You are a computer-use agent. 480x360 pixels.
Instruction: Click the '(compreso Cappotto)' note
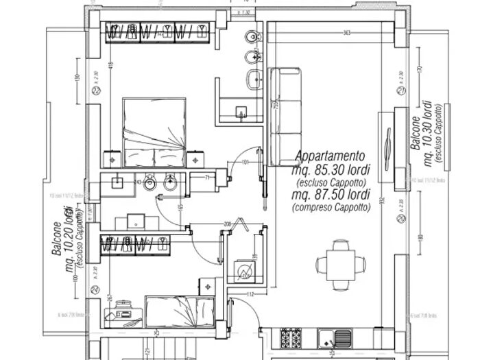(326, 206)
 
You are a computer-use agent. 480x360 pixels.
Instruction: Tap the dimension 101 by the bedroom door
(245, 163)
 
